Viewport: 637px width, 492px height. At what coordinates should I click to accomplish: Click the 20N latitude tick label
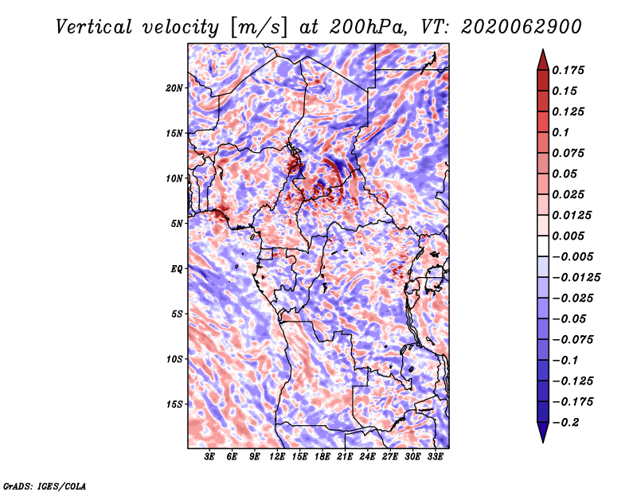pos(174,88)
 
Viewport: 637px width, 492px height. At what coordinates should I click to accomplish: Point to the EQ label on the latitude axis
pos(176,268)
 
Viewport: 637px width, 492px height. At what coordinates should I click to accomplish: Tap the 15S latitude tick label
pos(174,404)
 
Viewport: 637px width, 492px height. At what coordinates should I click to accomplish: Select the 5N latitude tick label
pos(176,223)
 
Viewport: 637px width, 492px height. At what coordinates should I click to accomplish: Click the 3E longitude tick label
pos(210,457)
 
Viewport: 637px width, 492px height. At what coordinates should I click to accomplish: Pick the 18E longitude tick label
pos(322,457)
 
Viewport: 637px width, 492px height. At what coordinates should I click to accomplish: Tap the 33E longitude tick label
pos(435,457)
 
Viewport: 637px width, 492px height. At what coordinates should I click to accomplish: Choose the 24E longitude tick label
pos(367,457)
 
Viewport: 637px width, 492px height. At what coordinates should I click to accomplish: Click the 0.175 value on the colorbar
pos(570,70)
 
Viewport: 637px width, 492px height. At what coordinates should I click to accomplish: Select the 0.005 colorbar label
pos(570,236)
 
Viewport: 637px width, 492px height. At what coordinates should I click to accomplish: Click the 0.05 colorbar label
pos(566,174)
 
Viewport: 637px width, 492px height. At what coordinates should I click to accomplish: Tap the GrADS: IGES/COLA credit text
pos(44,485)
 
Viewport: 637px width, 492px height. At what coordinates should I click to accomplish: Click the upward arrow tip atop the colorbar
pos(542,52)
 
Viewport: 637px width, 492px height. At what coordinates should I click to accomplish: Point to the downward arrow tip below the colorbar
pos(542,439)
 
